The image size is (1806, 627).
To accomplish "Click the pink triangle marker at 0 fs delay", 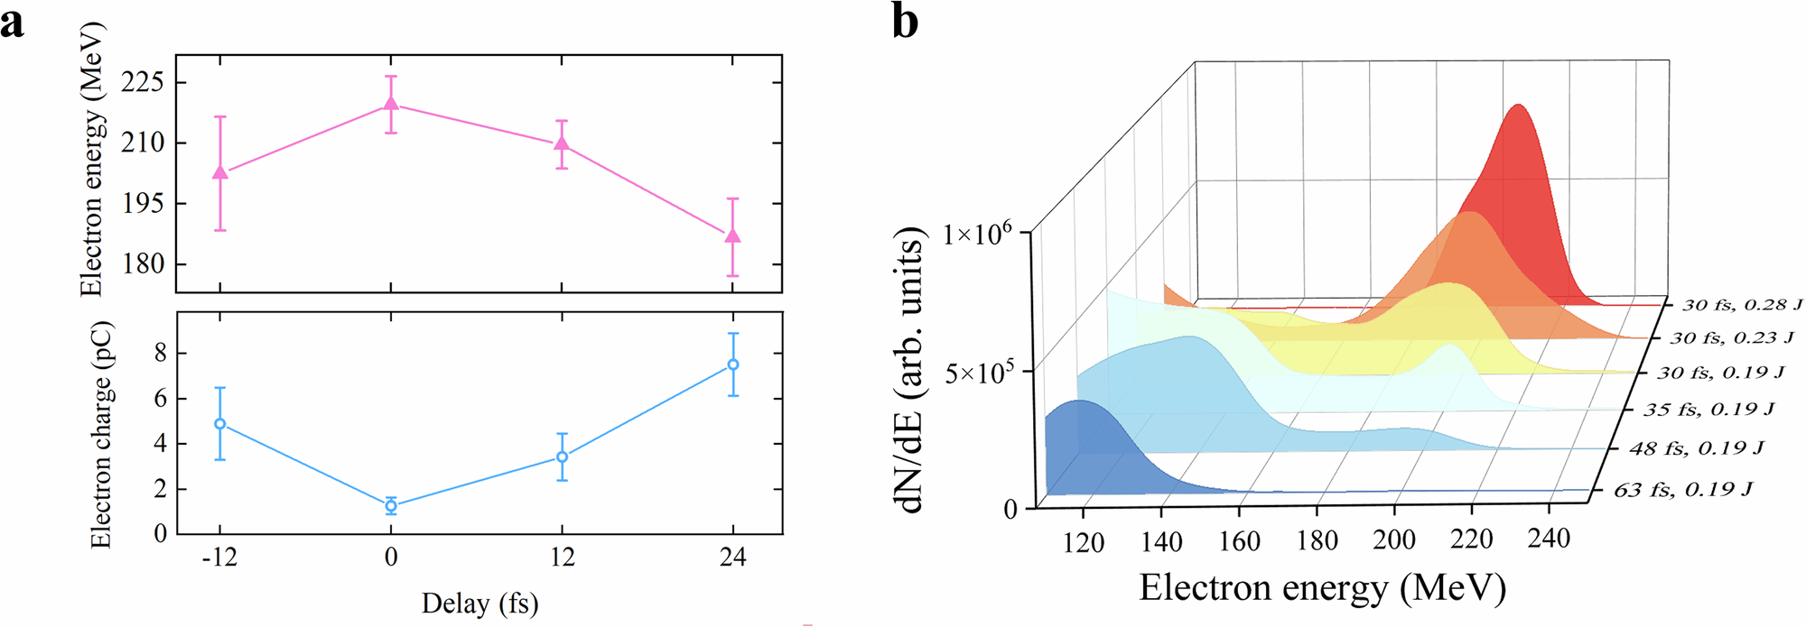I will click(390, 103).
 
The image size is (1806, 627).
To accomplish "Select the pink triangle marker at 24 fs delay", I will click(732, 236).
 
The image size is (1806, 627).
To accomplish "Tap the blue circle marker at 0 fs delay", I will click(390, 506).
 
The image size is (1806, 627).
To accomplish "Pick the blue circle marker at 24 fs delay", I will click(732, 364).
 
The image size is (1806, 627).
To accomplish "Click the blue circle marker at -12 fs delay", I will click(219, 424).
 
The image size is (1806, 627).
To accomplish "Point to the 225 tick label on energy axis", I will click(143, 82).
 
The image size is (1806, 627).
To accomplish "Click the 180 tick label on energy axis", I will click(143, 264).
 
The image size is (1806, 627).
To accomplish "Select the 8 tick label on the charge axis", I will click(161, 354).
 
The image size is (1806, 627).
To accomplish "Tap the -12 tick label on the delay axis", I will click(219, 558).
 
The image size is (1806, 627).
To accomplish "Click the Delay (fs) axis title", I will click(479, 603).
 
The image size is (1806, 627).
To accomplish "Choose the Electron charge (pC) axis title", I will click(101, 435).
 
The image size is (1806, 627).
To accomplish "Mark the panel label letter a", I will click(13, 22).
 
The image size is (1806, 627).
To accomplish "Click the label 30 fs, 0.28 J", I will click(1742, 305).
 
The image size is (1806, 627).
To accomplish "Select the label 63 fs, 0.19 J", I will click(1683, 490).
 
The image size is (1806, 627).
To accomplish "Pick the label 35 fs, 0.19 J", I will click(1708, 410).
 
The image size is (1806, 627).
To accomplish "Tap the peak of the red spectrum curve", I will click(1518, 106).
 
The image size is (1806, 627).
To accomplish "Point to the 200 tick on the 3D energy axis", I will click(1394, 539).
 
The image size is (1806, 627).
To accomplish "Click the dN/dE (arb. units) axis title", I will click(911, 370).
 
